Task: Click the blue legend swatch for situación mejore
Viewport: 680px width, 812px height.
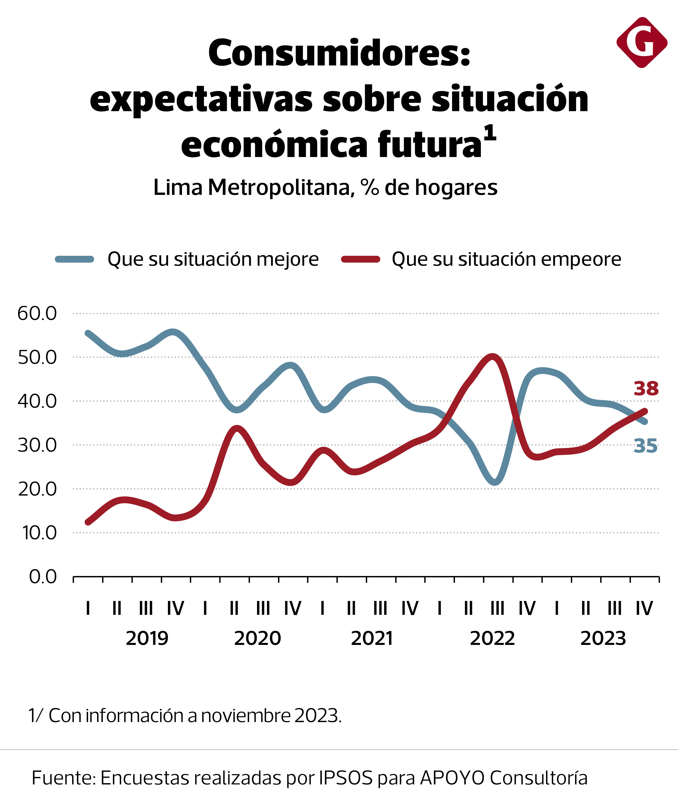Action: coord(75,259)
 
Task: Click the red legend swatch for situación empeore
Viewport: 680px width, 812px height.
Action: coord(360,259)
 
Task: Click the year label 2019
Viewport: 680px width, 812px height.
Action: coord(147,638)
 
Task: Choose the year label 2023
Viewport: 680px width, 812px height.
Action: coord(603,638)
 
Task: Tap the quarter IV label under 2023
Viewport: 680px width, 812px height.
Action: coord(644,608)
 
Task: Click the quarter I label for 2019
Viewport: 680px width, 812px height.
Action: coord(88,608)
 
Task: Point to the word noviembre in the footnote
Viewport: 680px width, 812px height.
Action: coord(246,716)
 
